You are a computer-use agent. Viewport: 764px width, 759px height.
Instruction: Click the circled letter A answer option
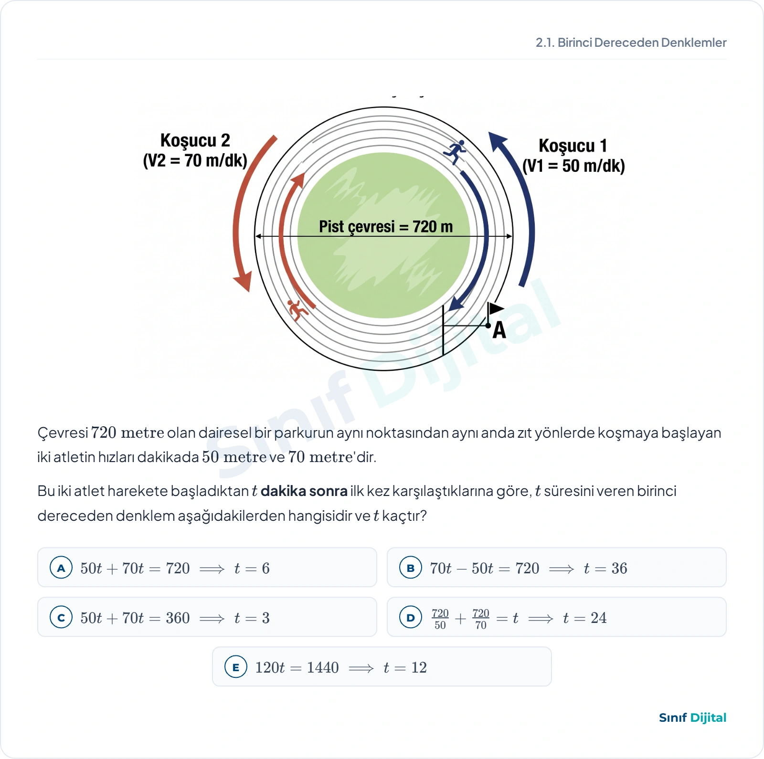click(x=61, y=568)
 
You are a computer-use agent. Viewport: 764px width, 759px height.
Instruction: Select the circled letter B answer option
click(x=411, y=568)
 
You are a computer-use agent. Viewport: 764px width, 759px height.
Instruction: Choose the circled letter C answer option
click(x=61, y=617)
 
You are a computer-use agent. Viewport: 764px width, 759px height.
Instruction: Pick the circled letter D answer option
click(x=411, y=617)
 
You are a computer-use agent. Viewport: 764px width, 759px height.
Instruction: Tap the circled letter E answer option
click(x=236, y=667)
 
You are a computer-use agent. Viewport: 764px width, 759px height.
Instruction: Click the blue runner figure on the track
click(x=455, y=152)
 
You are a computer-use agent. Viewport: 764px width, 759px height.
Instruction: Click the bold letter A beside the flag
click(x=499, y=330)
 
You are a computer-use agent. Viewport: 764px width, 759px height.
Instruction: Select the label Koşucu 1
click(x=573, y=146)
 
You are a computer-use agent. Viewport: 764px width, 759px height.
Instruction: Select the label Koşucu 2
click(x=195, y=140)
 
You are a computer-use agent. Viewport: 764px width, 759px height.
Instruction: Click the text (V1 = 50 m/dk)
click(x=573, y=166)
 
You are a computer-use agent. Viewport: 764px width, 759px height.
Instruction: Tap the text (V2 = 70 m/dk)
click(x=195, y=160)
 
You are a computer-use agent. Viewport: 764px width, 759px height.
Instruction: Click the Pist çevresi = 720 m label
click(x=386, y=226)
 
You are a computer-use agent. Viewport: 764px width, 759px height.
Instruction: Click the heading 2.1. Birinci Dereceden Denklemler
click(x=631, y=42)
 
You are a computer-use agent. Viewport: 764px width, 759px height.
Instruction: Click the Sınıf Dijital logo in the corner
click(x=692, y=717)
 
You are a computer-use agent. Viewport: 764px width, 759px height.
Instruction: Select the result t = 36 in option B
click(x=605, y=568)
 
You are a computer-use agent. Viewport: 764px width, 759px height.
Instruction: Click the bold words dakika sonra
click(x=304, y=491)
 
